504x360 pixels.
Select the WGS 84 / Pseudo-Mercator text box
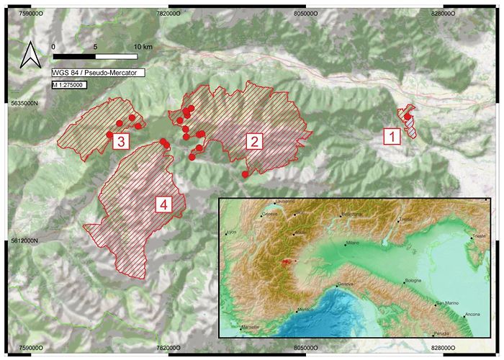(98, 73)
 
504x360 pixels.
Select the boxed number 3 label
(121, 139)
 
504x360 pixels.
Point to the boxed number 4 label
(165, 205)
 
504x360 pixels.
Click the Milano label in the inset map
(352, 244)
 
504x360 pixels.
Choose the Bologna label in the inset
(413, 279)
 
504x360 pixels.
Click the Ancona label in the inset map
(472, 315)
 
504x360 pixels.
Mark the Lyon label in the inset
(231, 233)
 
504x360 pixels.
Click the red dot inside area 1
(408, 117)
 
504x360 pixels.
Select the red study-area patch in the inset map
(289, 263)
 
